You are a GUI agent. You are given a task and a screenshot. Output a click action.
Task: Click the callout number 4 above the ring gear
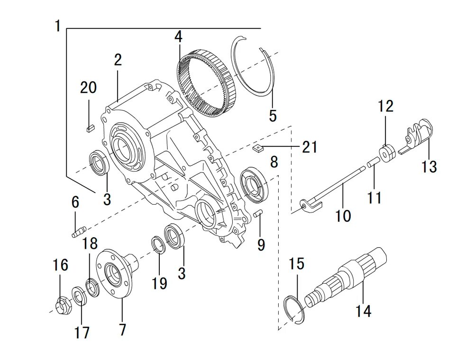(x=178, y=36)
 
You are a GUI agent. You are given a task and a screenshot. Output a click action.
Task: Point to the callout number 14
(x=364, y=311)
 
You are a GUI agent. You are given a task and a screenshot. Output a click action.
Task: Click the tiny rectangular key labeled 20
(x=91, y=127)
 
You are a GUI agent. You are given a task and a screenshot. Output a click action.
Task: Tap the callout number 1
(x=57, y=26)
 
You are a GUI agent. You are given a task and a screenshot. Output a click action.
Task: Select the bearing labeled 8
(x=255, y=184)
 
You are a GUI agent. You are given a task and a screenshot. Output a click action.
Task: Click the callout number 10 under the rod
(x=343, y=216)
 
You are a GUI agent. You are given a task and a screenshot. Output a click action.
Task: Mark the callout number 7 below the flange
(x=122, y=329)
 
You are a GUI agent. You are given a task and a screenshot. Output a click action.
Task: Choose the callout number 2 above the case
(x=118, y=60)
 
